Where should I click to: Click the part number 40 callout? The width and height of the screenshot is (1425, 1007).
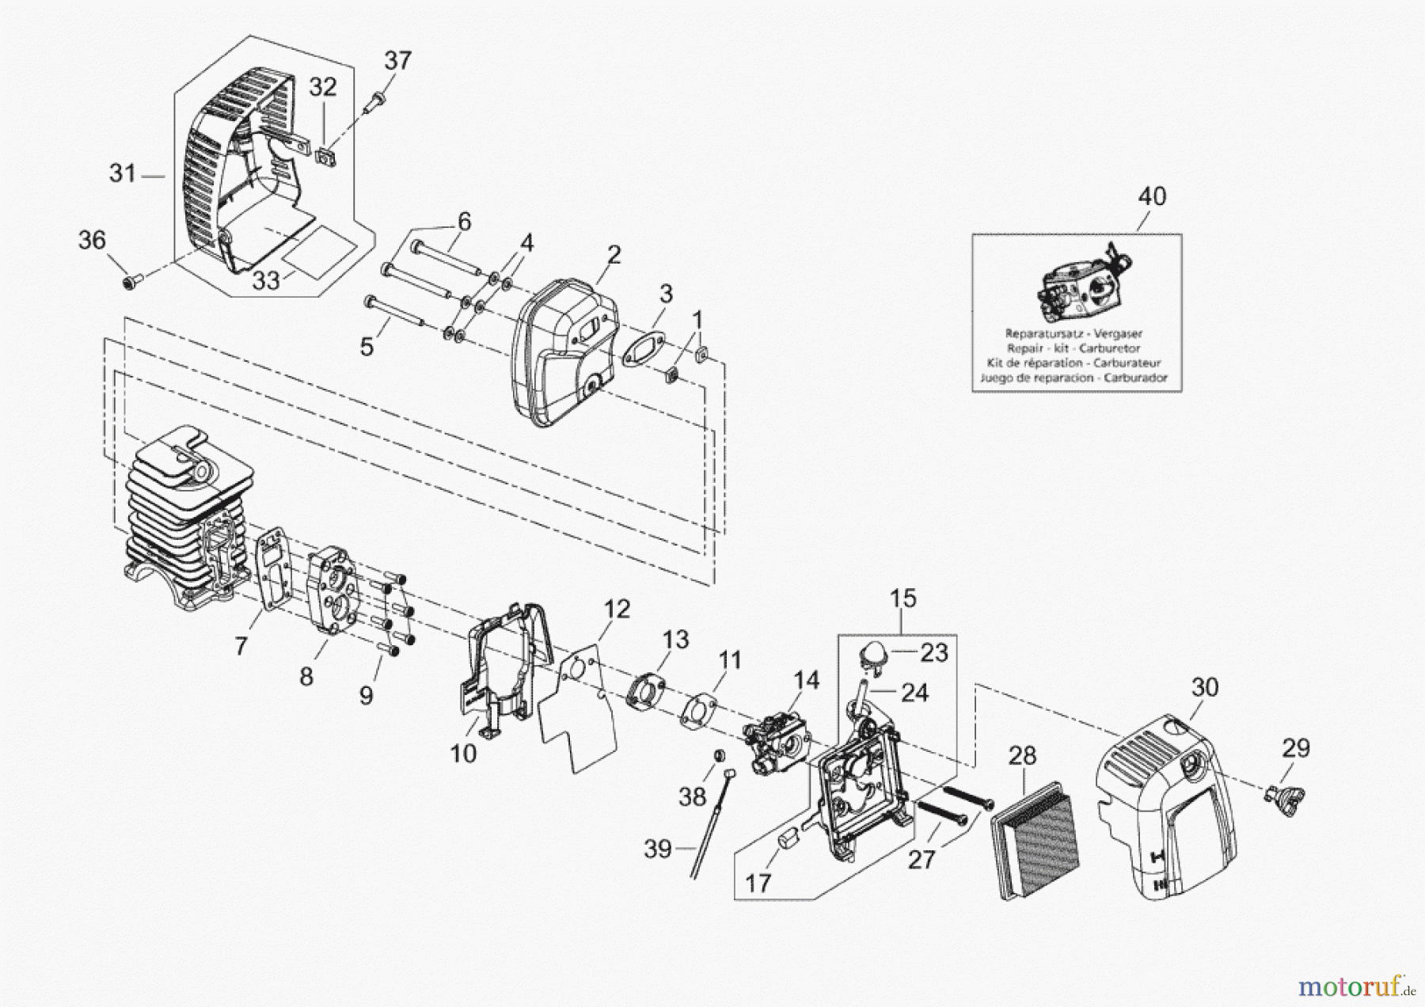tap(1152, 196)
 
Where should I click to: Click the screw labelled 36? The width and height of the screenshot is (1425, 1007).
tap(132, 280)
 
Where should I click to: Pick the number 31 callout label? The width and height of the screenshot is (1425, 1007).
tap(122, 173)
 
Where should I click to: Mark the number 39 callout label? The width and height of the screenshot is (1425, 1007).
tap(657, 849)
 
